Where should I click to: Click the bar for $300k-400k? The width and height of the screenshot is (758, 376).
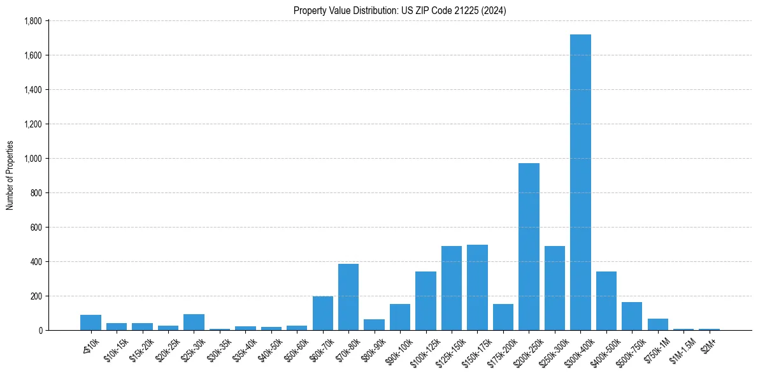[580, 182]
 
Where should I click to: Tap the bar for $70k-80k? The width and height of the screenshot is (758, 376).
[348, 297]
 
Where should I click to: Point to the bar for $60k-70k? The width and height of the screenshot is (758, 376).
[322, 313]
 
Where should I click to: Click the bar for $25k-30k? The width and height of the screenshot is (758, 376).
[194, 322]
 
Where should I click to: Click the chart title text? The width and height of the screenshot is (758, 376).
[399, 10]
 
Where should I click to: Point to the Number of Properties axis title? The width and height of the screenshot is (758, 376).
[10, 175]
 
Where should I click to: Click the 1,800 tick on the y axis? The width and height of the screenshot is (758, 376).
[32, 21]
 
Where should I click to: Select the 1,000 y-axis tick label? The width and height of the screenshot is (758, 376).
[32, 159]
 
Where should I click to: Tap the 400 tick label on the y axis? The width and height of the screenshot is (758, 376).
[36, 262]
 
